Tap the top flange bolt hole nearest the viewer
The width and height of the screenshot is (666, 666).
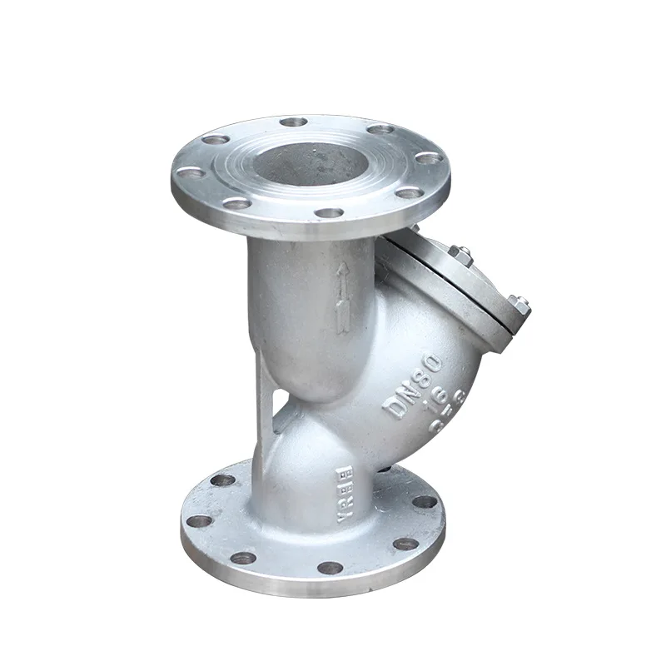331,213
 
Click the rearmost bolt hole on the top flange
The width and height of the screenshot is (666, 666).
293,122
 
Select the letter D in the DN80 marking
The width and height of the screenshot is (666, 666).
393,409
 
